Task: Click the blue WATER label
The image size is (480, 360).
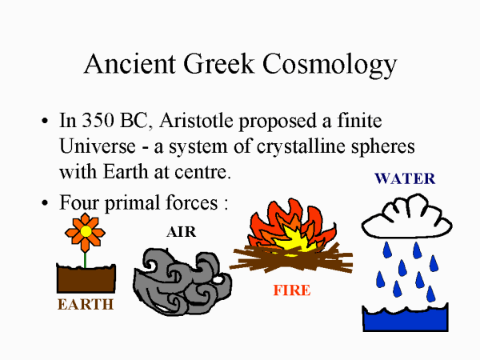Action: (405, 178)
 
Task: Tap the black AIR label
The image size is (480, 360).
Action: (181, 233)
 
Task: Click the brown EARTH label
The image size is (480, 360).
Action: (86, 304)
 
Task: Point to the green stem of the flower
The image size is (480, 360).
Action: (86, 258)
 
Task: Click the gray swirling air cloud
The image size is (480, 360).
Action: (180, 280)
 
